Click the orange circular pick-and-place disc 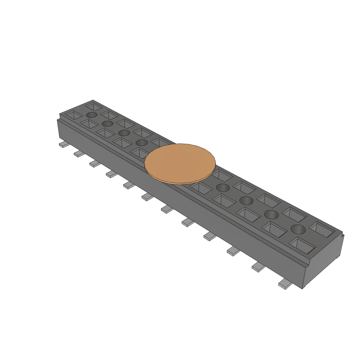[180, 163]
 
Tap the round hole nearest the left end [91, 115]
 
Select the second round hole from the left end [107, 123]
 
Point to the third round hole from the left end [124, 133]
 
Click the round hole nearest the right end [298, 229]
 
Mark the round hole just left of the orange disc [141, 142]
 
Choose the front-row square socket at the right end [302, 245]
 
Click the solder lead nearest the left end [63, 144]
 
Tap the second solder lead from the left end [79, 154]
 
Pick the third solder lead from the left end [95, 163]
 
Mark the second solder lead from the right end [258, 268]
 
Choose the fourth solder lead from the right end [210, 237]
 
